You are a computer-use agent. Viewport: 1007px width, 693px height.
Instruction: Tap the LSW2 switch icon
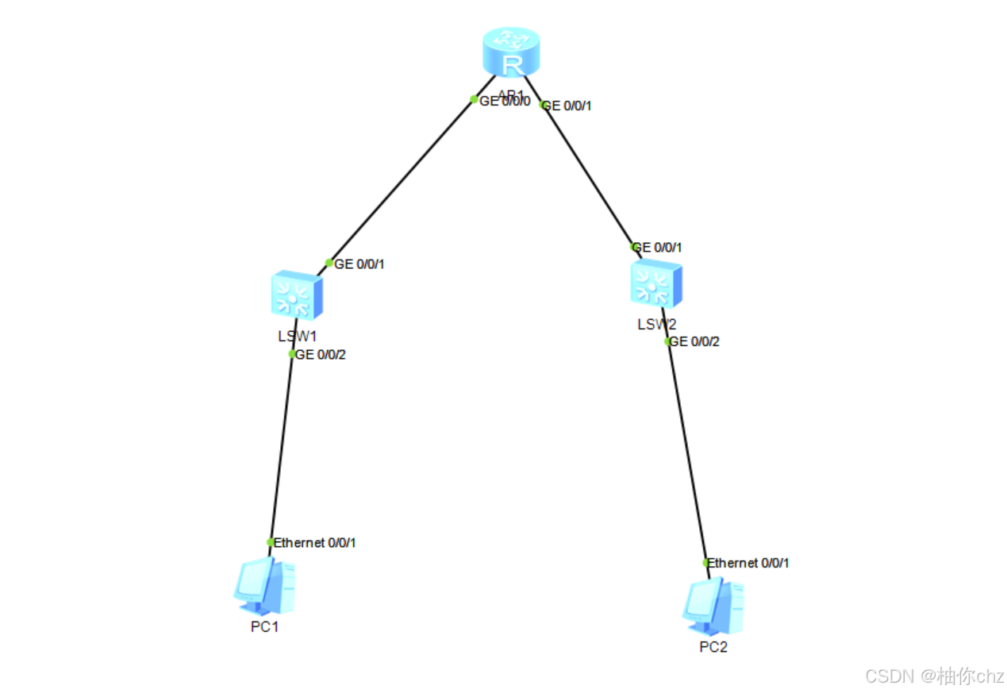coord(655,284)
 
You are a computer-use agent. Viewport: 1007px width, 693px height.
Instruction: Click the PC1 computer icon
coord(265,587)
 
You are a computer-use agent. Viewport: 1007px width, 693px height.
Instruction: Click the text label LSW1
coord(297,336)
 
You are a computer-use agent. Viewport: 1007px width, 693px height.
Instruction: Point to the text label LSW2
coord(656,324)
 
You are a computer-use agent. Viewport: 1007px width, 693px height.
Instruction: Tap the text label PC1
coord(265,627)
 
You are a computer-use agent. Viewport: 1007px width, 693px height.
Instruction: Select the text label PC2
coord(713,647)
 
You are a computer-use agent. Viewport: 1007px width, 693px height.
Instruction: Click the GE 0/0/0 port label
coord(505,101)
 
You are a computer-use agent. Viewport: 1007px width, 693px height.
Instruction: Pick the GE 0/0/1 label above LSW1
coord(359,264)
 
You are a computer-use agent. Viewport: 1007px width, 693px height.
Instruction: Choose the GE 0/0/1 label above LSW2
coord(657,248)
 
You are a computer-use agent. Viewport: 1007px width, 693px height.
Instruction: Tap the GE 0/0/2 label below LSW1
coord(321,355)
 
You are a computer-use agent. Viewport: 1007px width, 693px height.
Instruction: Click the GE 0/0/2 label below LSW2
coord(694,342)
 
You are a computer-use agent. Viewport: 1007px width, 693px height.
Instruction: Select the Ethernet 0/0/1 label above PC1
coord(314,543)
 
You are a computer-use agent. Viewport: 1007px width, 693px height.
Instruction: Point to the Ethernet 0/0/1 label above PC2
coord(748,563)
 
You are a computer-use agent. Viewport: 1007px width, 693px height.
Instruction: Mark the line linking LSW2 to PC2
coord(687,452)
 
